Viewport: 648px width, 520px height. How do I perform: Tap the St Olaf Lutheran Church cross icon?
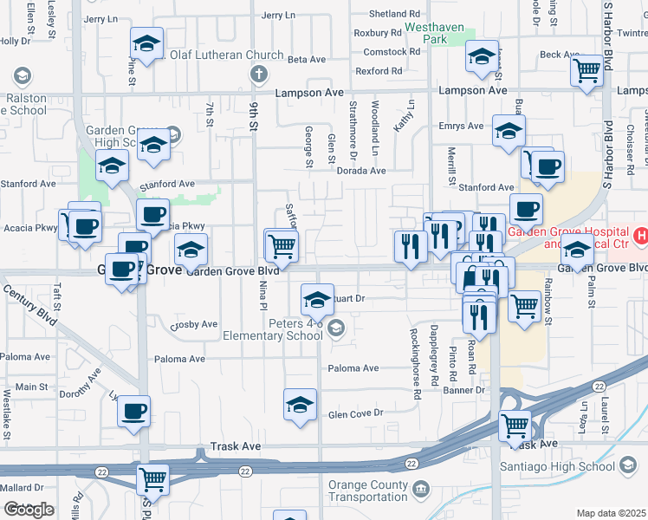pyautogui.click(x=257, y=75)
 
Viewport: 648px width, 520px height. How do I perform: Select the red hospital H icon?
pyautogui.click(x=641, y=235)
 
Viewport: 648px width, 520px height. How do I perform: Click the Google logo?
pyautogui.click(x=29, y=510)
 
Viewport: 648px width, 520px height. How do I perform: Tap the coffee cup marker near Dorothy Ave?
pyautogui.click(x=134, y=412)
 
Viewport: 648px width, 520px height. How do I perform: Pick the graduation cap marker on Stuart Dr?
pyautogui.click(x=318, y=300)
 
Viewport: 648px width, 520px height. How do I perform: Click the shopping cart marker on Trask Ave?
pyautogui.click(x=515, y=426)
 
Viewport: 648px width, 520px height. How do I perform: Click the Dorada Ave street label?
pyautogui.click(x=361, y=171)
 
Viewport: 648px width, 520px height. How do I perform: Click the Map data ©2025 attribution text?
pyautogui.click(x=611, y=513)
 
